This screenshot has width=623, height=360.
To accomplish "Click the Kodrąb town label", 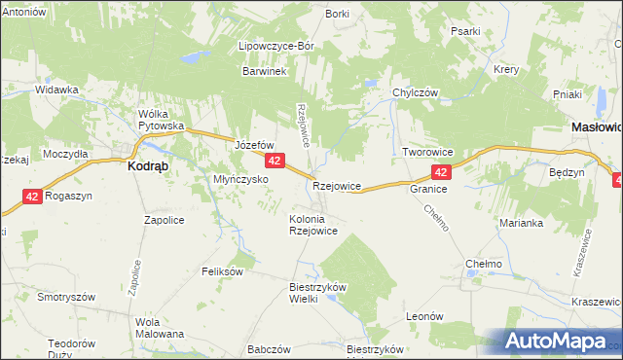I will click(x=151, y=165).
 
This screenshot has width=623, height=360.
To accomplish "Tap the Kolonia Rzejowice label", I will click(x=313, y=225).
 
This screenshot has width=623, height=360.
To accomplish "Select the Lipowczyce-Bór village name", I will click(x=276, y=46).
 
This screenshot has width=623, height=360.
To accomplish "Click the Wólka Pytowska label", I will click(x=162, y=120).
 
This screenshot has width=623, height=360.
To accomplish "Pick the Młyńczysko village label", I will click(x=239, y=179).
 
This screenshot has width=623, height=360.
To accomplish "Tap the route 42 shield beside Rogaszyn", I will click(x=32, y=197).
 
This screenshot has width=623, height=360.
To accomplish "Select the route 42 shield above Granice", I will click(x=441, y=172).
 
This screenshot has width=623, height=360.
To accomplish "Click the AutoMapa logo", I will click(x=552, y=341).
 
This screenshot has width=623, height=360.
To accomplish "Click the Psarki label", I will click(x=465, y=31).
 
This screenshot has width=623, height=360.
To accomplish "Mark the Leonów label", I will click(x=424, y=316).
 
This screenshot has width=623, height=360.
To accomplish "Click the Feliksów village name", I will click(x=222, y=271).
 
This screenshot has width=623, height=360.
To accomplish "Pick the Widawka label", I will click(x=56, y=90).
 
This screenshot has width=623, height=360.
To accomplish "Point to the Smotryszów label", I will click(x=65, y=297).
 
